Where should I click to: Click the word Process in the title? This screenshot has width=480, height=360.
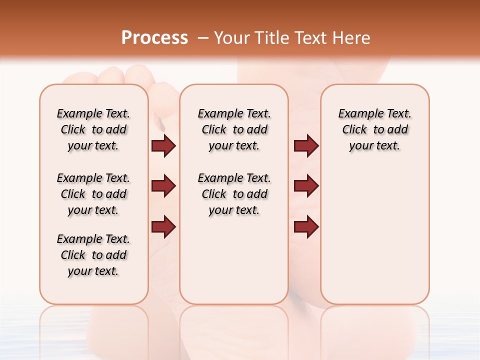(x=154, y=38)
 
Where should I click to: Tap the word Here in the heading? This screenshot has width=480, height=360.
(x=352, y=38)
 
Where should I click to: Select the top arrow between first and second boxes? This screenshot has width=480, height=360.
(x=163, y=146)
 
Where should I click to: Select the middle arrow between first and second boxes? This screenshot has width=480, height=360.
(x=163, y=186)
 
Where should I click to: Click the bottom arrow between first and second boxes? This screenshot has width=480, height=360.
(x=163, y=227)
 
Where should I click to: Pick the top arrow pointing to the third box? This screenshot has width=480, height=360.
(x=306, y=146)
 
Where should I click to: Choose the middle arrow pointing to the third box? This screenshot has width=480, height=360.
(x=306, y=186)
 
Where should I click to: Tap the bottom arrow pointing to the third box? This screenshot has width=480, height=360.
(x=306, y=227)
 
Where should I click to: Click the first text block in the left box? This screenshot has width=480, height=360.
(x=93, y=129)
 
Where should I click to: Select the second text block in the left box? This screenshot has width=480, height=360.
(x=93, y=194)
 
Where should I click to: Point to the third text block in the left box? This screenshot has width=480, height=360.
(x=93, y=255)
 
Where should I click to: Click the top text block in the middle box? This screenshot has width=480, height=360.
(x=234, y=129)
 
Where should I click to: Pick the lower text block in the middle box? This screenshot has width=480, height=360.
(x=234, y=194)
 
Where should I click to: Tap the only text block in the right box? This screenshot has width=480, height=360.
(x=374, y=129)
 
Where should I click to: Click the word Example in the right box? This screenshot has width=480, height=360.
(x=357, y=114)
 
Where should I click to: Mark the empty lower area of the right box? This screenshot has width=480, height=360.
(x=374, y=235)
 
